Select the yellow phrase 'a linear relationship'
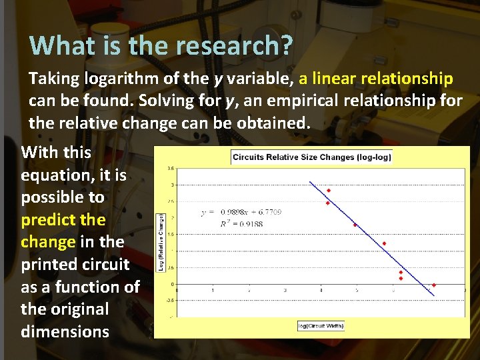376,79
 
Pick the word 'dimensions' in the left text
65,331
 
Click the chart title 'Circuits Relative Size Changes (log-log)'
311,157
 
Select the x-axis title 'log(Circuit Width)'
322,325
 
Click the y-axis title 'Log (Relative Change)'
161,233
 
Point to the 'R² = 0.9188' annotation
241,224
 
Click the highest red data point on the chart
328,191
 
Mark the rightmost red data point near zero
433,285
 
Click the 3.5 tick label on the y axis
171,169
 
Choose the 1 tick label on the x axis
213,291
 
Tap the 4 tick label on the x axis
321,291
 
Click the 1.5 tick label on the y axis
171,235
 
